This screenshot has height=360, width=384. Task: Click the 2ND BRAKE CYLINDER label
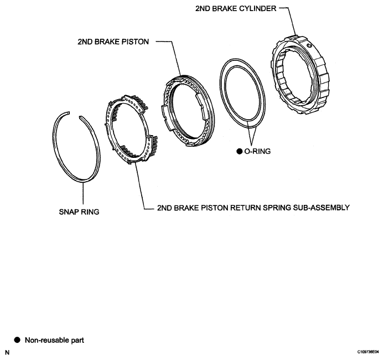pyautogui.click(x=236, y=8)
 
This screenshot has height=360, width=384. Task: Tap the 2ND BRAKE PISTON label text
pyautogui.click(x=113, y=42)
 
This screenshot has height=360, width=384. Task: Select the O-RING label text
pyautogui.click(x=258, y=151)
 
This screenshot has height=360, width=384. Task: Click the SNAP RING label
pyautogui.click(x=79, y=212)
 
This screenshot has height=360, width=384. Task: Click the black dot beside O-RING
pyautogui.click(x=239, y=151)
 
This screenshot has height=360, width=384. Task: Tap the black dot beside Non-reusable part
pyautogui.click(x=17, y=340)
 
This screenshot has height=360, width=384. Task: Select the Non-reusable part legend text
pyautogui.click(x=54, y=340)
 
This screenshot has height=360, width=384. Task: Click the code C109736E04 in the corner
pyautogui.click(x=369, y=352)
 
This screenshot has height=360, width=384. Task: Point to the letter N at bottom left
pyautogui.click(x=7, y=353)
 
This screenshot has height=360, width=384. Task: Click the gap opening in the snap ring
pyautogui.click(x=75, y=115)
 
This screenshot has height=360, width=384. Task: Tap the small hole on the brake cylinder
pyautogui.click(x=309, y=45)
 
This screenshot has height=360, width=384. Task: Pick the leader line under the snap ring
pyautogui.click(x=83, y=193)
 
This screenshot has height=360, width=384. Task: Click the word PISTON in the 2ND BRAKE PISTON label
pyautogui.click(x=134, y=42)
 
